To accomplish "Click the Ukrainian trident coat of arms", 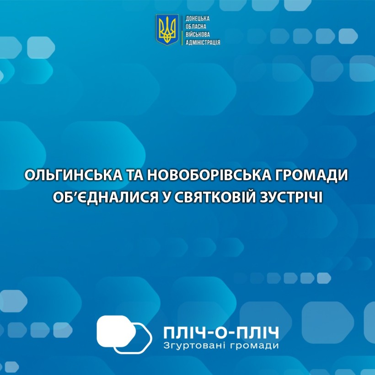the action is tap(167, 29).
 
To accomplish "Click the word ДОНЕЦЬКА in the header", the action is tap(198, 19).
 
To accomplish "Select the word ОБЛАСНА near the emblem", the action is tap(196, 27).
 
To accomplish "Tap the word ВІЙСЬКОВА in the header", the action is tap(198, 34).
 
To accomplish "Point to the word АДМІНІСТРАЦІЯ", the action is tap(203, 43).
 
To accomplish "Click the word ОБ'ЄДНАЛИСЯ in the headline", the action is tap(106, 198).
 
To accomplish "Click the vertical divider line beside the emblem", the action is tap(182, 30).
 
